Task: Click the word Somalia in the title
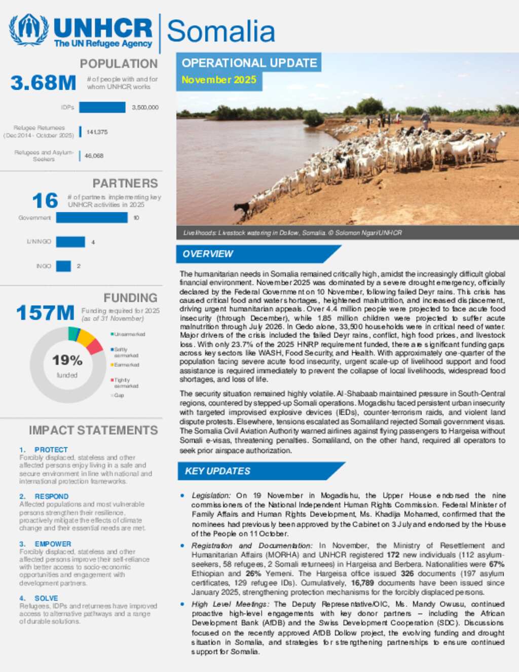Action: pos(221,31)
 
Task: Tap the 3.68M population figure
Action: pos(44,83)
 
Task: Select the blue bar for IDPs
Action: pos(102,107)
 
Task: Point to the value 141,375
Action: pos(97,132)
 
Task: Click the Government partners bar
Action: pos(92,218)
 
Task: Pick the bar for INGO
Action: pos(63,266)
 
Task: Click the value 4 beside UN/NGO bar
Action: pos(93,242)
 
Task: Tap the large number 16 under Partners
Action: pos(45,201)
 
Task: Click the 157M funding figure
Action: pos(45,313)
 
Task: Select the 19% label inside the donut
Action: pos(67,360)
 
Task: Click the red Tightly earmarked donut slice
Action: pos(95,346)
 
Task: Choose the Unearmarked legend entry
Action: pos(129,334)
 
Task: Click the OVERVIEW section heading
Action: pos(208,254)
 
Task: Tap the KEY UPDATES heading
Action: pos(217,471)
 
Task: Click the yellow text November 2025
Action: pos(219,80)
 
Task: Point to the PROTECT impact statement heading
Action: pos(51,449)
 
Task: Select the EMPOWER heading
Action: pos(53,544)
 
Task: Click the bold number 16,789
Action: pos(363,583)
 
